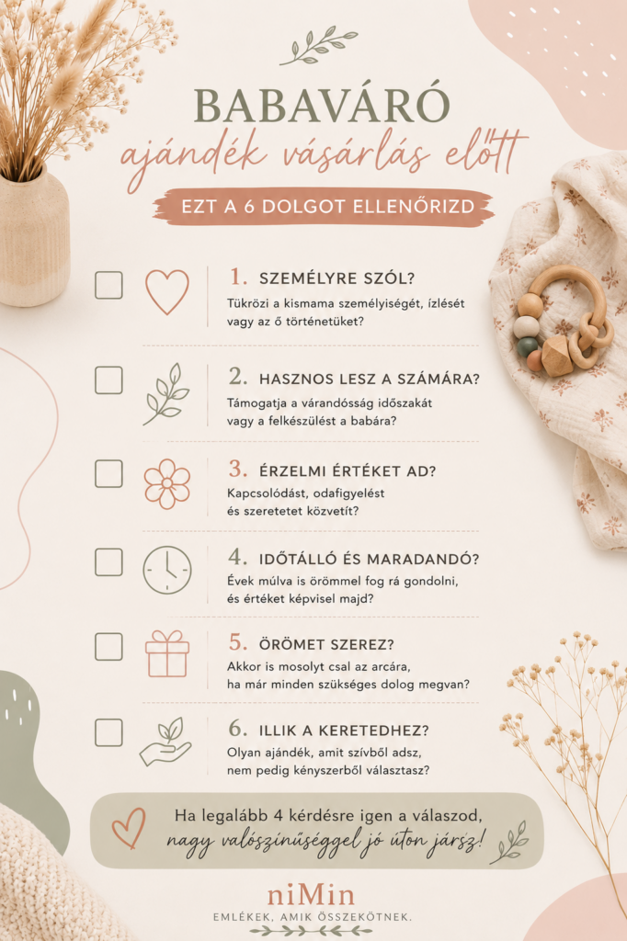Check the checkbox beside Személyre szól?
coord(108,285)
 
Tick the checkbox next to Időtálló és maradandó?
coord(108,561)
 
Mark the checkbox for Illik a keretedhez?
coord(108,732)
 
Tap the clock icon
coord(167,570)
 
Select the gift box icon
coord(167,654)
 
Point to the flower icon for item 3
coord(167,483)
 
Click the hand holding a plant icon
coord(165,743)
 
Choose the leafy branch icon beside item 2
coord(165,394)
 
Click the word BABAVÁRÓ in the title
coord(322,107)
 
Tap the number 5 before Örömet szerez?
coord(238,642)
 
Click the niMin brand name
coord(311,895)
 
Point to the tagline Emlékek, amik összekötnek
coord(313,917)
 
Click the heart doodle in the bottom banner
coord(129,828)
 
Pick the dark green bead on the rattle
coord(528,346)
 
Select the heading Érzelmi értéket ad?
coord(348,471)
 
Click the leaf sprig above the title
coord(319,45)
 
